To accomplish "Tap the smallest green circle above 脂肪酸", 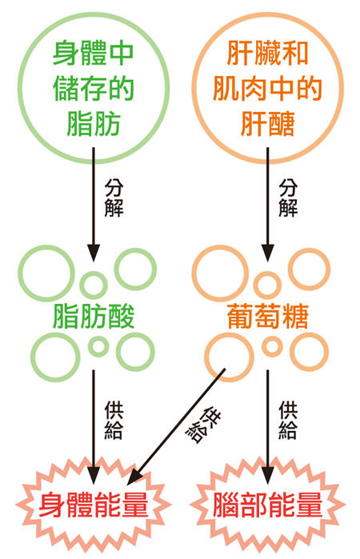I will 94,283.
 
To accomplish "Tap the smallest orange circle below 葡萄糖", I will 273,346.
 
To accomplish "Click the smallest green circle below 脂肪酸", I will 98,346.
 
